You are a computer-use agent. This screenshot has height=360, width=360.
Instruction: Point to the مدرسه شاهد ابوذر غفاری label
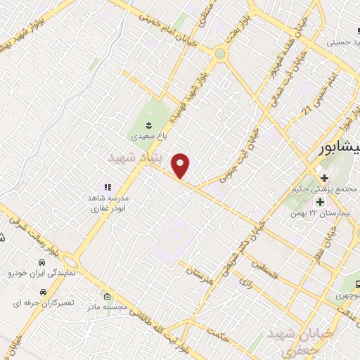pyautogui.click(x=108, y=202)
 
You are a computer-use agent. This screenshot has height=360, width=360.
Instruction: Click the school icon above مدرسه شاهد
pyautogui.click(x=108, y=187)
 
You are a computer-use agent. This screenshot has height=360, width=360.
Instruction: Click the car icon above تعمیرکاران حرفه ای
pyautogui.click(x=43, y=291)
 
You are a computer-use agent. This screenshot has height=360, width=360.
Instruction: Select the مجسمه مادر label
pyautogui.click(x=106, y=307)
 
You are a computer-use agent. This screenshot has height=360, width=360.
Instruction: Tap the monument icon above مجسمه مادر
pyautogui.click(x=107, y=297)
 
